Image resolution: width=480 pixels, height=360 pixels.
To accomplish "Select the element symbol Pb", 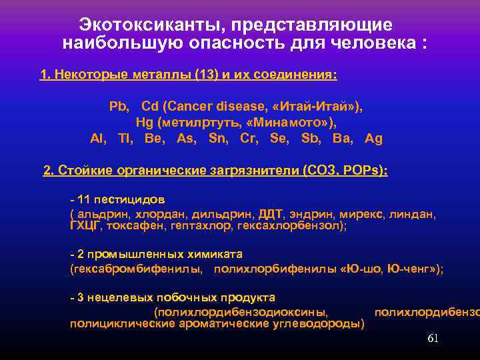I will click(118, 106).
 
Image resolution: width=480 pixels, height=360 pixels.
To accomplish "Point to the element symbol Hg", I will click(144, 122).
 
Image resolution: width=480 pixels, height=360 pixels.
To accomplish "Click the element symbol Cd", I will click(149, 106).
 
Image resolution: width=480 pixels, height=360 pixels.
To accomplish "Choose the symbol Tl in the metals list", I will click(125, 139).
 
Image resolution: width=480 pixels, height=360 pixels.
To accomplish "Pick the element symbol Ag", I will click(374, 139).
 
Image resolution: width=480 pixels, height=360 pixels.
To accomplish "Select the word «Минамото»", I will click(293, 122).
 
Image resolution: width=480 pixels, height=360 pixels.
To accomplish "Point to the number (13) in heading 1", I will click(206, 75).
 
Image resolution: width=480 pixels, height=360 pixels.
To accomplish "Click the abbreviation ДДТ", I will click(271, 215).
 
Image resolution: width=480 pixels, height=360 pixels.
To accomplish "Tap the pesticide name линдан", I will click(415, 215).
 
